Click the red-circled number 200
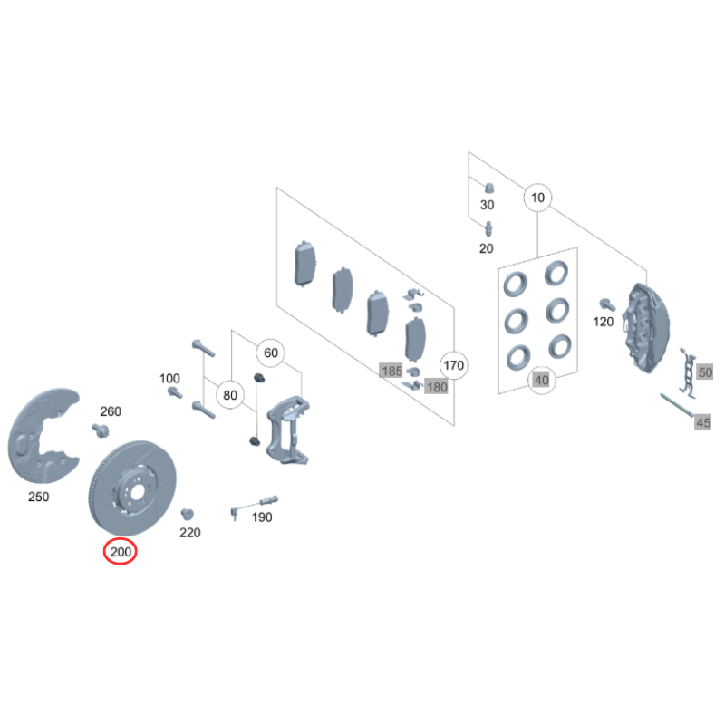coord(121,552)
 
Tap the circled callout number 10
coord(537,198)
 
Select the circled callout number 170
coord(454,365)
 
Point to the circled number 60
coord(270,353)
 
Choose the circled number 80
coord(230,395)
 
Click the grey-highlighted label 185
coord(391,371)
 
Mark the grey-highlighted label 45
coord(703,422)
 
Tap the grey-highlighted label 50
coord(705,372)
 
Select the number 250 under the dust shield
coord(38,497)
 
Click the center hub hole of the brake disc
coord(137,493)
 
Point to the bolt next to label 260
coord(101,430)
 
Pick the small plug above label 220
coord(187,514)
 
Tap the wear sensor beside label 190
coord(254,505)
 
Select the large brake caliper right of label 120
coord(647,327)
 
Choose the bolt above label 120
coord(607,304)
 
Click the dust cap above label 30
coord(489,188)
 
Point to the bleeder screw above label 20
coord(488,228)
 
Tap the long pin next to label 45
coord(677,405)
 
